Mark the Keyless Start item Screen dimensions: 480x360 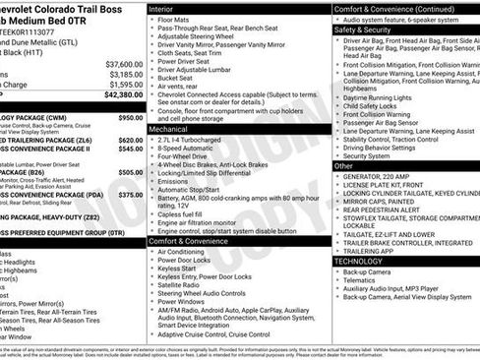[x=182, y=269]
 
